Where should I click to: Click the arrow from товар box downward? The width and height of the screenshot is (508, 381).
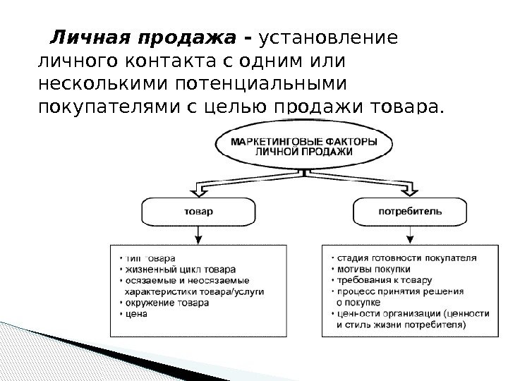tap(198, 234)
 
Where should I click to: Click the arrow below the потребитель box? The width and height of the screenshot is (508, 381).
tap(410, 234)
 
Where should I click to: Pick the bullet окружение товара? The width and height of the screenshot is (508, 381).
tap(165, 302)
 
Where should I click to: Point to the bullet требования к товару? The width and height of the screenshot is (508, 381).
tap(382, 280)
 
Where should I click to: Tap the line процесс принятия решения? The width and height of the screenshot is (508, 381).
tap(399, 291)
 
